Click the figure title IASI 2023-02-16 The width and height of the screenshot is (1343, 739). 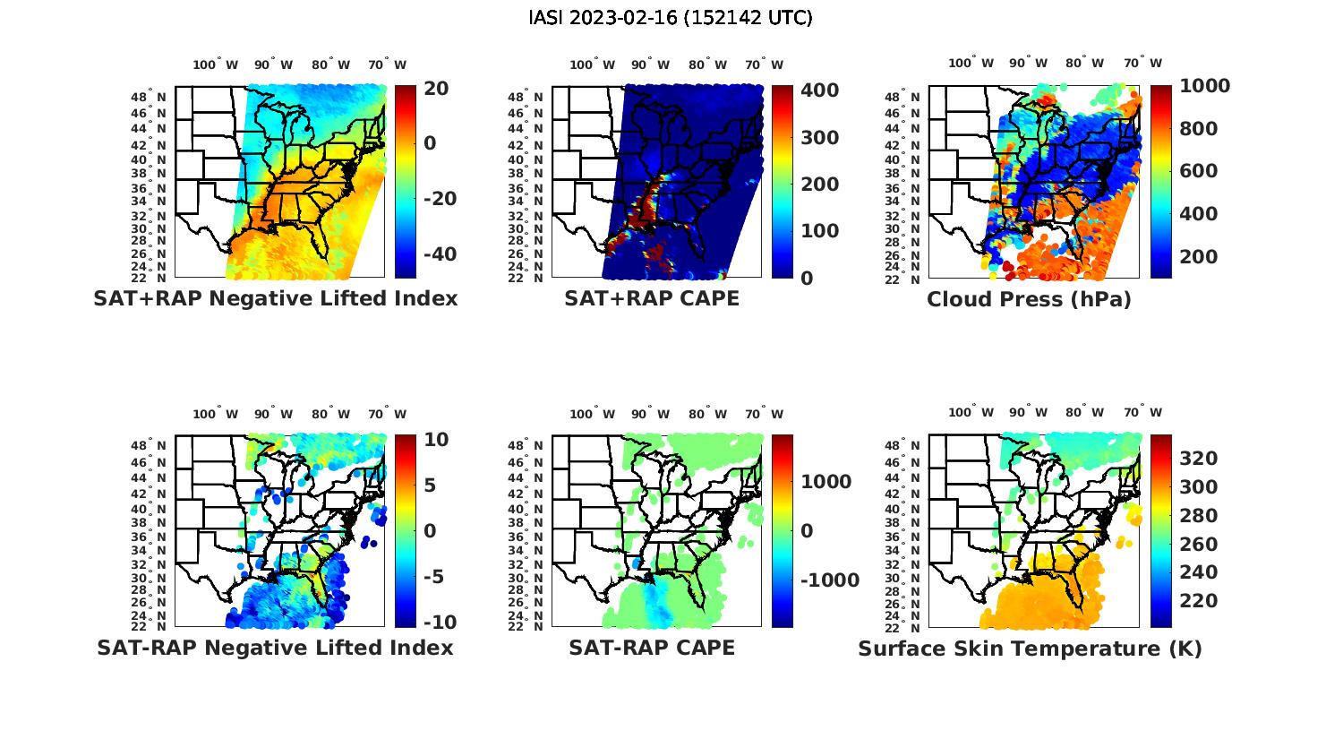(x=671, y=18)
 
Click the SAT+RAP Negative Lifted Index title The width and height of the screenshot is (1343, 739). (x=275, y=298)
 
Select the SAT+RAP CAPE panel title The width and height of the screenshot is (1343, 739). (x=652, y=298)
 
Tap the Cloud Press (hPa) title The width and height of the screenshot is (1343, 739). (x=1029, y=299)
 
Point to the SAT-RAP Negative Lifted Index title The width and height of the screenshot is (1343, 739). (x=275, y=648)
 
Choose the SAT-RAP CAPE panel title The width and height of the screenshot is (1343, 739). (x=652, y=648)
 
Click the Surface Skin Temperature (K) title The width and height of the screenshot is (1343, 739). (x=1030, y=649)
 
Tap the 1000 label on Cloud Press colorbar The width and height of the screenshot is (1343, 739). (x=1204, y=86)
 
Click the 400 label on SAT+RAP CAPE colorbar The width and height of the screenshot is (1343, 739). (x=819, y=90)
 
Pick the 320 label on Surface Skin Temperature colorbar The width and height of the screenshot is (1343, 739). (x=1199, y=459)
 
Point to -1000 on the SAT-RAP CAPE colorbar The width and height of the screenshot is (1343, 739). (x=828, y=580)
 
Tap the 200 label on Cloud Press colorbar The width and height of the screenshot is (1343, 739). (x=1199, y=257)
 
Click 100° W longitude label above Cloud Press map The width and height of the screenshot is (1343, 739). (x=971, y=64)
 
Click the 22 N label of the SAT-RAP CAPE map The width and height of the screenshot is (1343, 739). (x=526, y=627)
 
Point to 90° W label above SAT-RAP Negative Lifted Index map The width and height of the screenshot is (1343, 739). (x=273, y=414)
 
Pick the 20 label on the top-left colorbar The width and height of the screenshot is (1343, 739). (x=436, y=88)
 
